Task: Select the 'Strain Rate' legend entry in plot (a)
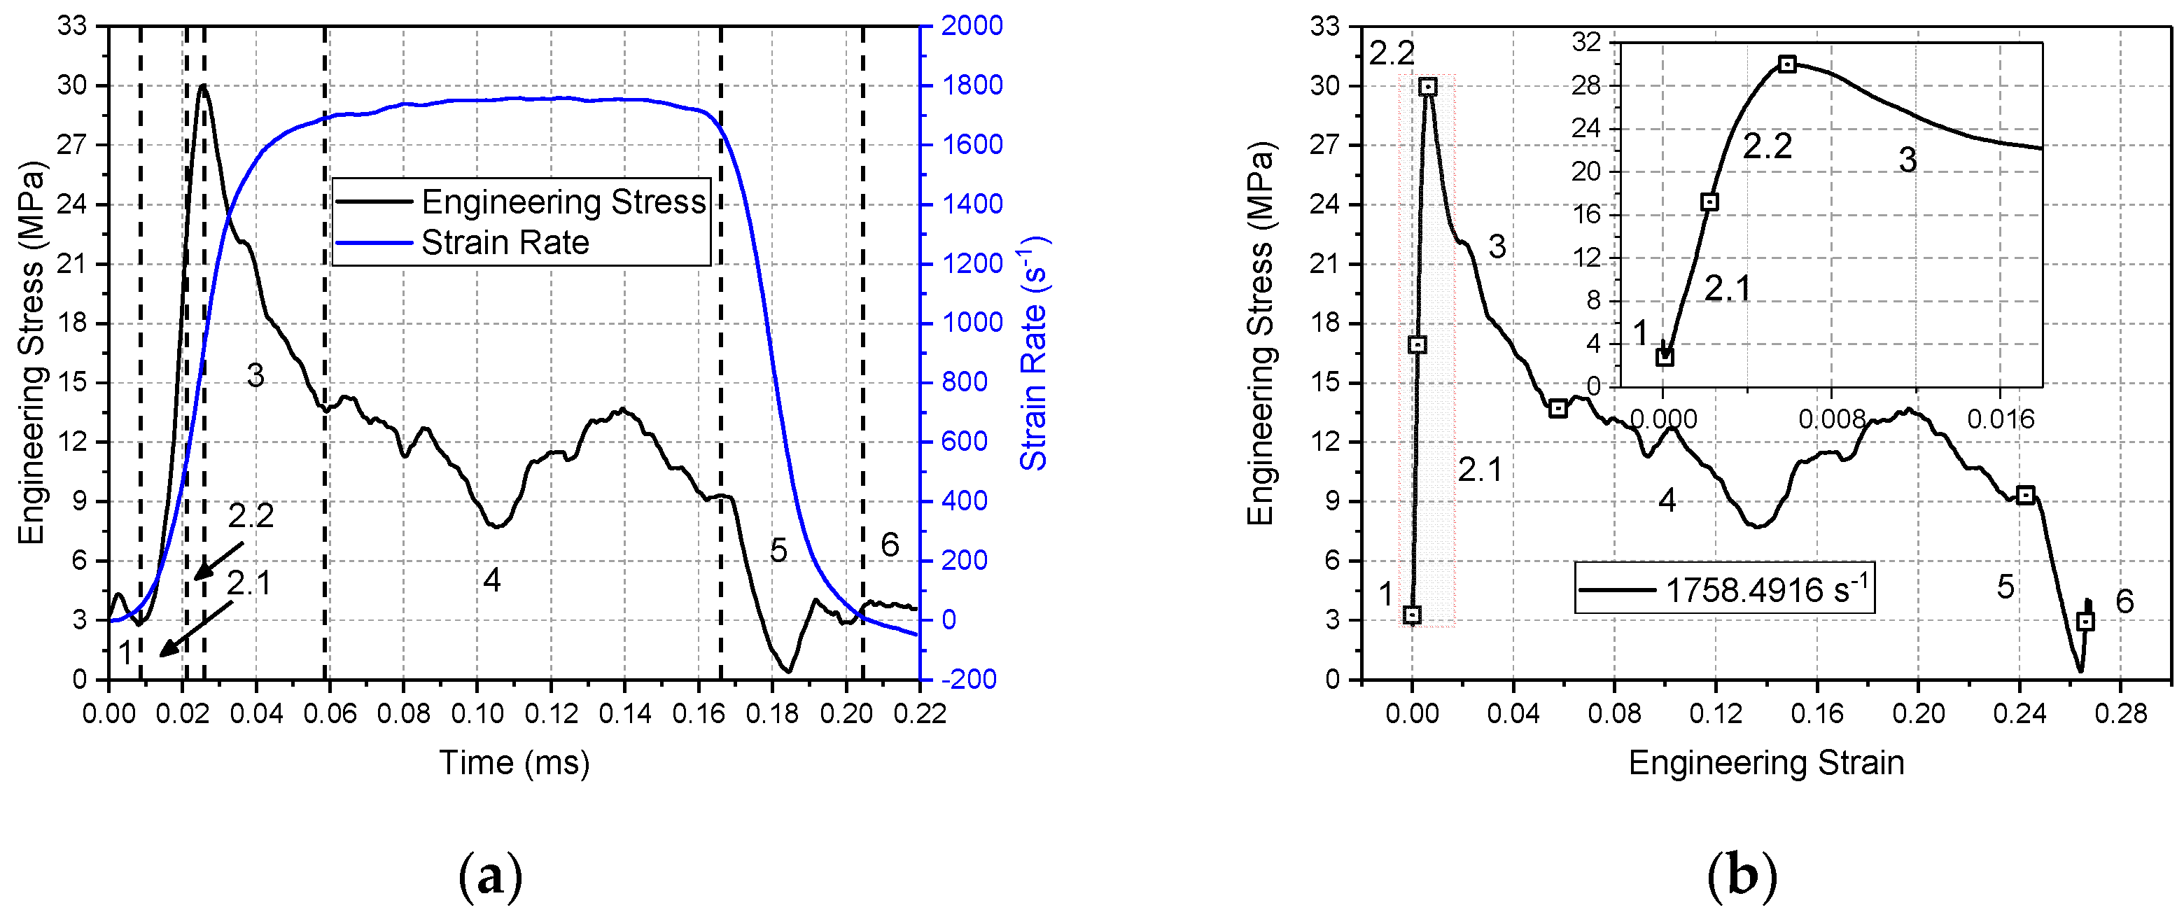(x=505, y=243)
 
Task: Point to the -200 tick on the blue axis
(x=969, y=679)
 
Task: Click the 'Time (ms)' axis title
(x=514, y=763)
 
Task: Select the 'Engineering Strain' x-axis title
(x=1766, y=763)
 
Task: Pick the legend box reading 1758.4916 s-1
(x=1725, y=588)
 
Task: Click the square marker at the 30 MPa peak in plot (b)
(x=1428, y=86)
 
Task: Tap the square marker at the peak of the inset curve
(x=1787, y=64)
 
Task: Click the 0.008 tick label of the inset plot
(x=1831, y=418)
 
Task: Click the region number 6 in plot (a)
(x=890, y=545)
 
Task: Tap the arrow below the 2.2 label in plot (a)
(x=218, y=561)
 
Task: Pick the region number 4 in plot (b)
(x=1667, y=501)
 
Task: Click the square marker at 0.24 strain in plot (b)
(x=2026, y=496)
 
